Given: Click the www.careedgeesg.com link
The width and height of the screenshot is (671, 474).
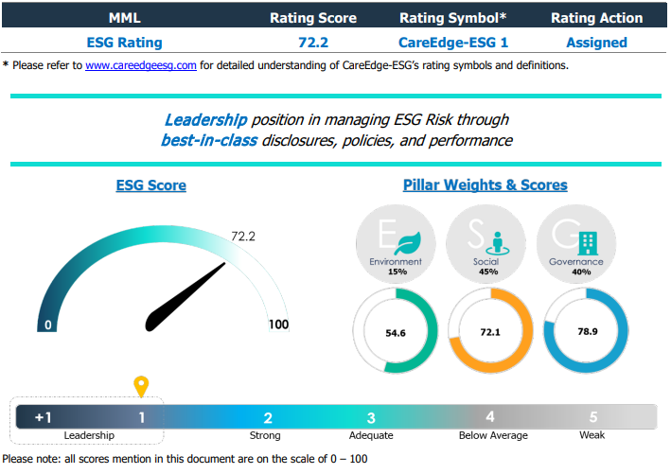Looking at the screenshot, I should pyautogui.click(x=141, y=66).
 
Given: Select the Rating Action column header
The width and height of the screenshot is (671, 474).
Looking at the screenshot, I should pyautogui.click(x=596, y=18).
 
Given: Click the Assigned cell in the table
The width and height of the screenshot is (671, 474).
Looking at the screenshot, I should pyautogui.click(x=596, y=42).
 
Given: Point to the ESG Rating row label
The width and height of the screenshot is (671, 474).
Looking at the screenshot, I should pyautogui.click(x=124, y=42).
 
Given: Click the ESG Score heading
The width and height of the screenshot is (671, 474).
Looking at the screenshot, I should pyautogui.click(x=150, y=185).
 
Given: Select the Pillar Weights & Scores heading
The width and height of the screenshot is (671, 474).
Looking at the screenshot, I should pyautogui.click(x=486, y=184).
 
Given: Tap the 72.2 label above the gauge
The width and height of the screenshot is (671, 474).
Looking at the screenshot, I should pyautogui.click(x=244, y=237).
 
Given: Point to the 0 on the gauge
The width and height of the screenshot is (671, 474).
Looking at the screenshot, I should pyautogui.click(x=47, y=325).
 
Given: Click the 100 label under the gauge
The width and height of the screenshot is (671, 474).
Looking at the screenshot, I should pyautogui.click(x=277, y=325).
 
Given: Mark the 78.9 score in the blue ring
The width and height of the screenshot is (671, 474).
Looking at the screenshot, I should pyautogui.click(x=587, y=332).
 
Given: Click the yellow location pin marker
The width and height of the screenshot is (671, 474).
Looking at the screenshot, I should pyautogui.click(x=142, y=386).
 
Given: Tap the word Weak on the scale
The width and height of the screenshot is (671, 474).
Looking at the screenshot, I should pyautogui.click(x=592, y=435).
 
